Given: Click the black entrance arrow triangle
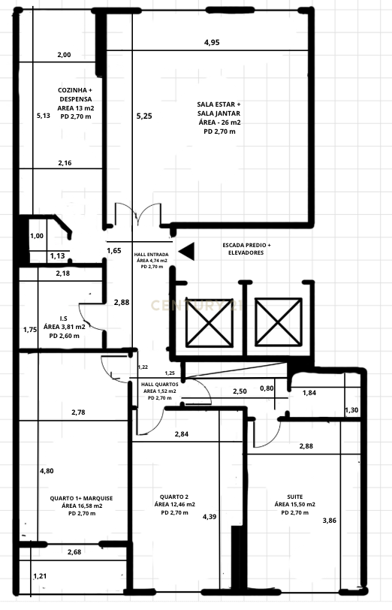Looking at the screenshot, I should pyautogui.click(x=186, y=252).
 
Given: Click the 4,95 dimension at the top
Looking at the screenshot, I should pyautogui.click(x=212, y=42).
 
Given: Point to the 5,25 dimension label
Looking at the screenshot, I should pyautogui.click(x=143, y=116).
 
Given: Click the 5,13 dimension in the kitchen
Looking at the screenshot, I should pyautogui.click(x=43, y=116).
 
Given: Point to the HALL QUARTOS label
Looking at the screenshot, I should pyautogui.click(x=158, y=391).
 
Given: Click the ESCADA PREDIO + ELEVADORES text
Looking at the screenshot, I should pyautogui.click(x=247, y=249).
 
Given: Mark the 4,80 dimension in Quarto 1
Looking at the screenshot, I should pyautogui.click(x=47, y=471).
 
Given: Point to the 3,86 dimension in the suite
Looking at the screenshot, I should pyautogui.click(x=329, y=520).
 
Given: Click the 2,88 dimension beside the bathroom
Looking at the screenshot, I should pyautogui.click(x=122, y=302).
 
